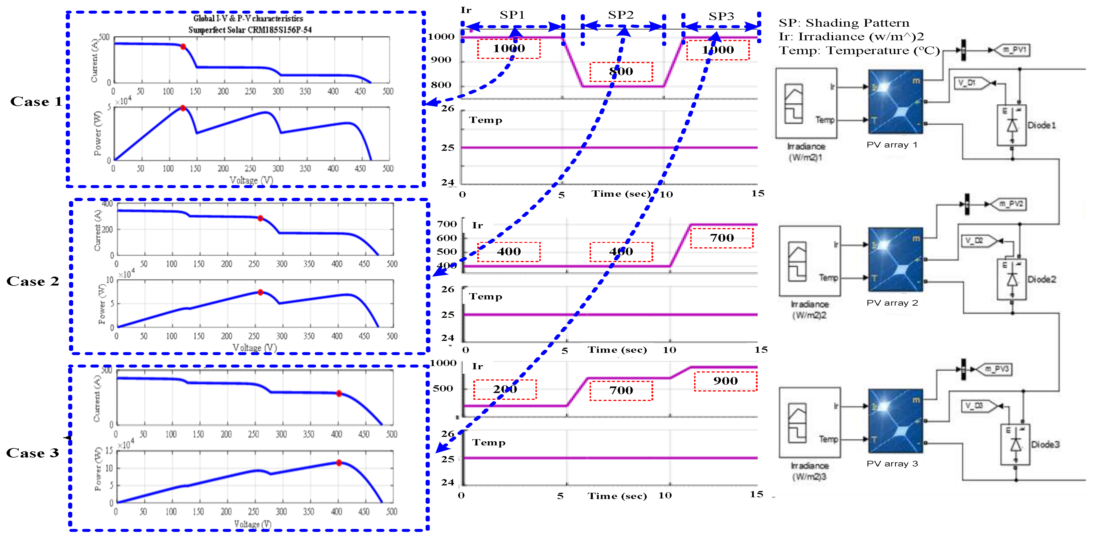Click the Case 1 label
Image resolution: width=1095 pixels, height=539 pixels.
tap(36, 101)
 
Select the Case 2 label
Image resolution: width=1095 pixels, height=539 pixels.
tap(33, 281)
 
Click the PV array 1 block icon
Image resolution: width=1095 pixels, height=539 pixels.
tap(896, 102)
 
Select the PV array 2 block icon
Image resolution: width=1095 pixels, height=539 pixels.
tap(896, 259)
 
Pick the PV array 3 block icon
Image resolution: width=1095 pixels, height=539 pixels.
tap(896, 421)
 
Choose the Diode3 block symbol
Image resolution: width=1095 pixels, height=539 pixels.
tap(1015, 445)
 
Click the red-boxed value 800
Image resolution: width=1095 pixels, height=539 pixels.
tap(621, 71)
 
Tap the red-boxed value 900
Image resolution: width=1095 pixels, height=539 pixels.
tap(725, 381)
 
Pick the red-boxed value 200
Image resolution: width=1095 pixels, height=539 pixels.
tap(505, 389)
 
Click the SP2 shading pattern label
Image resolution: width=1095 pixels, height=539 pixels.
tap(621, 15)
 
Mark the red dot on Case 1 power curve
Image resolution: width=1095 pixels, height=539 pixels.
tap(183, 108)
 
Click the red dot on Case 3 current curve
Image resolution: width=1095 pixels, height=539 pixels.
tap(339, 394)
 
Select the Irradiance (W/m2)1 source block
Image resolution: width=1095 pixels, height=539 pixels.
tap(806, 103)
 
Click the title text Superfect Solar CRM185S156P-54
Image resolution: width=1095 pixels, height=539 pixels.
tap(250, 30)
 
